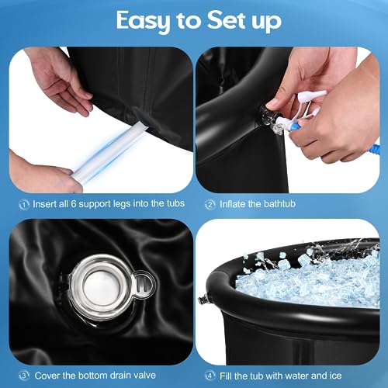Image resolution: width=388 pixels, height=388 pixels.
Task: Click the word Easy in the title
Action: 140,21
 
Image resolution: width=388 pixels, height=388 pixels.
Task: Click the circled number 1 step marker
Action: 23,205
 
